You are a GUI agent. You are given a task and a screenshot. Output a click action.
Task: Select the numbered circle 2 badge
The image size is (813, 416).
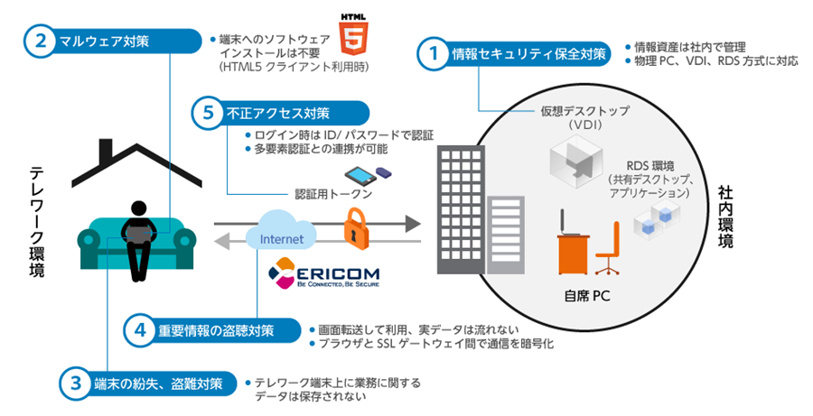pos(41,40)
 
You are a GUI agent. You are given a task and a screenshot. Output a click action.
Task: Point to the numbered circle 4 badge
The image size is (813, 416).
pos(140,330)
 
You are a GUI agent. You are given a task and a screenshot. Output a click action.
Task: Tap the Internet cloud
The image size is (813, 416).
pos(281,236)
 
